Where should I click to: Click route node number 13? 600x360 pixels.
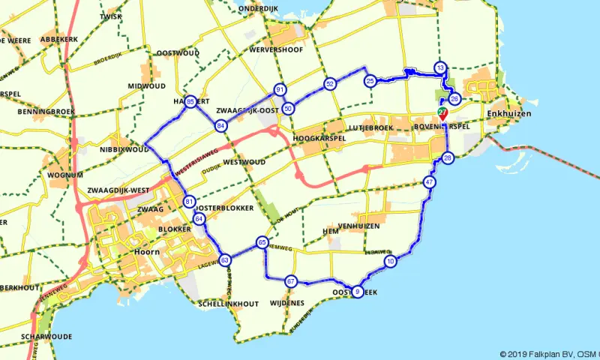click(440, 68)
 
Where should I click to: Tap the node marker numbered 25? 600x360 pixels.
click(370, 80)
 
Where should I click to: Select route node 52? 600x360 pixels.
click(329, 84)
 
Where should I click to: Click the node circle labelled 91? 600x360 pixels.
click(280, 90)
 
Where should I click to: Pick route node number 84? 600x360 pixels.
click(220, 126)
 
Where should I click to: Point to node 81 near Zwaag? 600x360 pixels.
click(189, 202)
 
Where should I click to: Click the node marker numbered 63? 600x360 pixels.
click(224, 259)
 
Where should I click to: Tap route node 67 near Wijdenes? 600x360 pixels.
click(291, 281)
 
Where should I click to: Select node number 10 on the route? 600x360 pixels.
click(390, 261)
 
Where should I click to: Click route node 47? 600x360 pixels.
click(429, 182)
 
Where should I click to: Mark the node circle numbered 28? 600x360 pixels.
click(448, 157)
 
